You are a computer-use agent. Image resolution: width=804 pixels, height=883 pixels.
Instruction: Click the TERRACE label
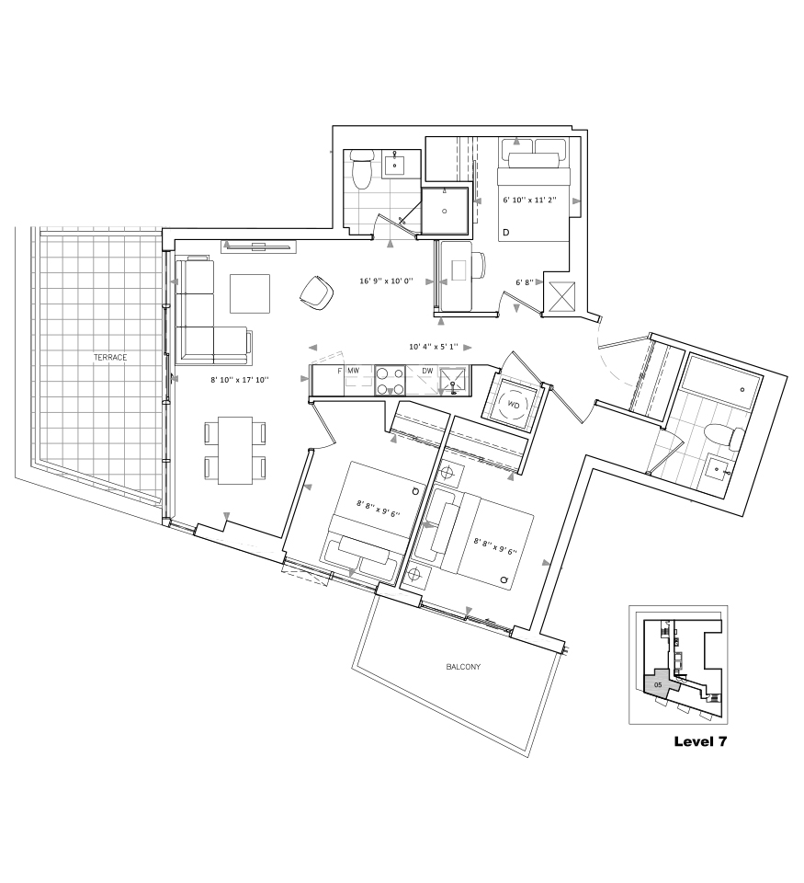click(x=110, y=357)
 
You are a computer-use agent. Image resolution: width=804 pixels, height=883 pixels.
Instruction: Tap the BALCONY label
click(x=463, y=667)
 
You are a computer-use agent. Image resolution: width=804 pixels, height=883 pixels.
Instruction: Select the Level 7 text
click(x=700, y=741)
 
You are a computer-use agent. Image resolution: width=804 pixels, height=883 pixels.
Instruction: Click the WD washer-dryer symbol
click(x=513, y=404)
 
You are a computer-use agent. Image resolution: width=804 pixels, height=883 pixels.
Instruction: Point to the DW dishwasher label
click(x=427, y=371)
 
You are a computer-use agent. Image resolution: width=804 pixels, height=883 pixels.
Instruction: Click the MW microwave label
click(x=354, y=371)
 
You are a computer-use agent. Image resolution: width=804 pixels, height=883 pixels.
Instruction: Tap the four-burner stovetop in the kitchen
click(x=390, y=380)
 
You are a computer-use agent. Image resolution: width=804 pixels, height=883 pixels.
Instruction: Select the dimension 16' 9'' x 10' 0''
click(x=387, y=281)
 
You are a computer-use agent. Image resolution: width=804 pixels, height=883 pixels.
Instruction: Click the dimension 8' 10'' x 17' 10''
click(x=240, y=380)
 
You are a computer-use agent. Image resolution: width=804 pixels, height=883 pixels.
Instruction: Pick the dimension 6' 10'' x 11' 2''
click(x=529, y=200)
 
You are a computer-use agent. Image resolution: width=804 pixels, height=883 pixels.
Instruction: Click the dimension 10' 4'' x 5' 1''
click(x=434, y=347)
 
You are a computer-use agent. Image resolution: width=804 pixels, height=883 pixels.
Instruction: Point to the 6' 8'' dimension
click(x=525, y=282)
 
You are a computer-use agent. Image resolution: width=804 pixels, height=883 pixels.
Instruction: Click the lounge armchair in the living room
click(x=317, y=292)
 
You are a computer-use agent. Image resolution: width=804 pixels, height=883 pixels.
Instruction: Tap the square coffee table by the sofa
click(x=250, y=292)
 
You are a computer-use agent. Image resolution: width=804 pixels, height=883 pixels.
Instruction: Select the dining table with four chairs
click(x=235, y=451)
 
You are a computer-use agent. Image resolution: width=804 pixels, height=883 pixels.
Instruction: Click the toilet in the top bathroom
click(x=361, y=169)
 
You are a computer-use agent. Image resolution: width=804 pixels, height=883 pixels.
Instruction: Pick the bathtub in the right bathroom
click(x=721, y=383)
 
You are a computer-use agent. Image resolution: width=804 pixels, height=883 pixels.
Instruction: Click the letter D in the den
click(x=505, y=233)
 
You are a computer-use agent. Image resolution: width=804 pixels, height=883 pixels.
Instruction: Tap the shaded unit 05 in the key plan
click(x=660, y=682)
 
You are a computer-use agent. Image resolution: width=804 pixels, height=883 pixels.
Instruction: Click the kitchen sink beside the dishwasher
click(x=453, y=380)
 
